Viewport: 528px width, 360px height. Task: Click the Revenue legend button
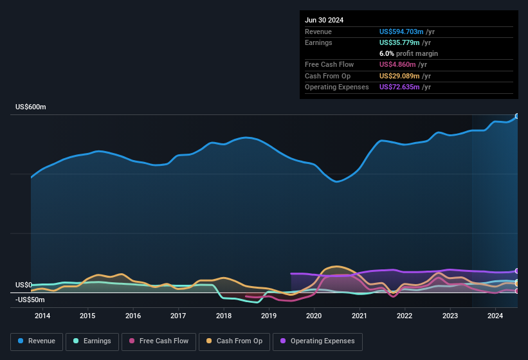point(37,341)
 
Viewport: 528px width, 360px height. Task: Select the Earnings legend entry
point(93,341)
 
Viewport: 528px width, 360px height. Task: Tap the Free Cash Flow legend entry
point(159,341)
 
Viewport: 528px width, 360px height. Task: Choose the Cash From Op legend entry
point(234,341)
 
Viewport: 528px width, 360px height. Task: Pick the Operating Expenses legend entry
point(318,341)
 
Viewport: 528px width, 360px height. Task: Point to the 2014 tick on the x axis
point(42,316)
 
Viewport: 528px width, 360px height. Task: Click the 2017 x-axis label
point(178,316)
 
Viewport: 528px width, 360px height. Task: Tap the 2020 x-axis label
point(314,316)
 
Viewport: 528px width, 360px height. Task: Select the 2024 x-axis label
point(495,316)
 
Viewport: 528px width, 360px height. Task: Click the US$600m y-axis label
point(31,107)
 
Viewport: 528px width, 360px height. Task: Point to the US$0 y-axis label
point(24,285)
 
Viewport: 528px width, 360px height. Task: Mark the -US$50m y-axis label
point(30,300)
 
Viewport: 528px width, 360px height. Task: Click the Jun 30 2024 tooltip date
point(324,20)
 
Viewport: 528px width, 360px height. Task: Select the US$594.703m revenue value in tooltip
point(401,32)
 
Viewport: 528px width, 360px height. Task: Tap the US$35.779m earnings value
point(398,42)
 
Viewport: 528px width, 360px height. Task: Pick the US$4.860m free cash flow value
point(396,65)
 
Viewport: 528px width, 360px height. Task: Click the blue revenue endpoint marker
point(517,116)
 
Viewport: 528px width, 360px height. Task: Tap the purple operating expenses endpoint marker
point(517,271)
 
